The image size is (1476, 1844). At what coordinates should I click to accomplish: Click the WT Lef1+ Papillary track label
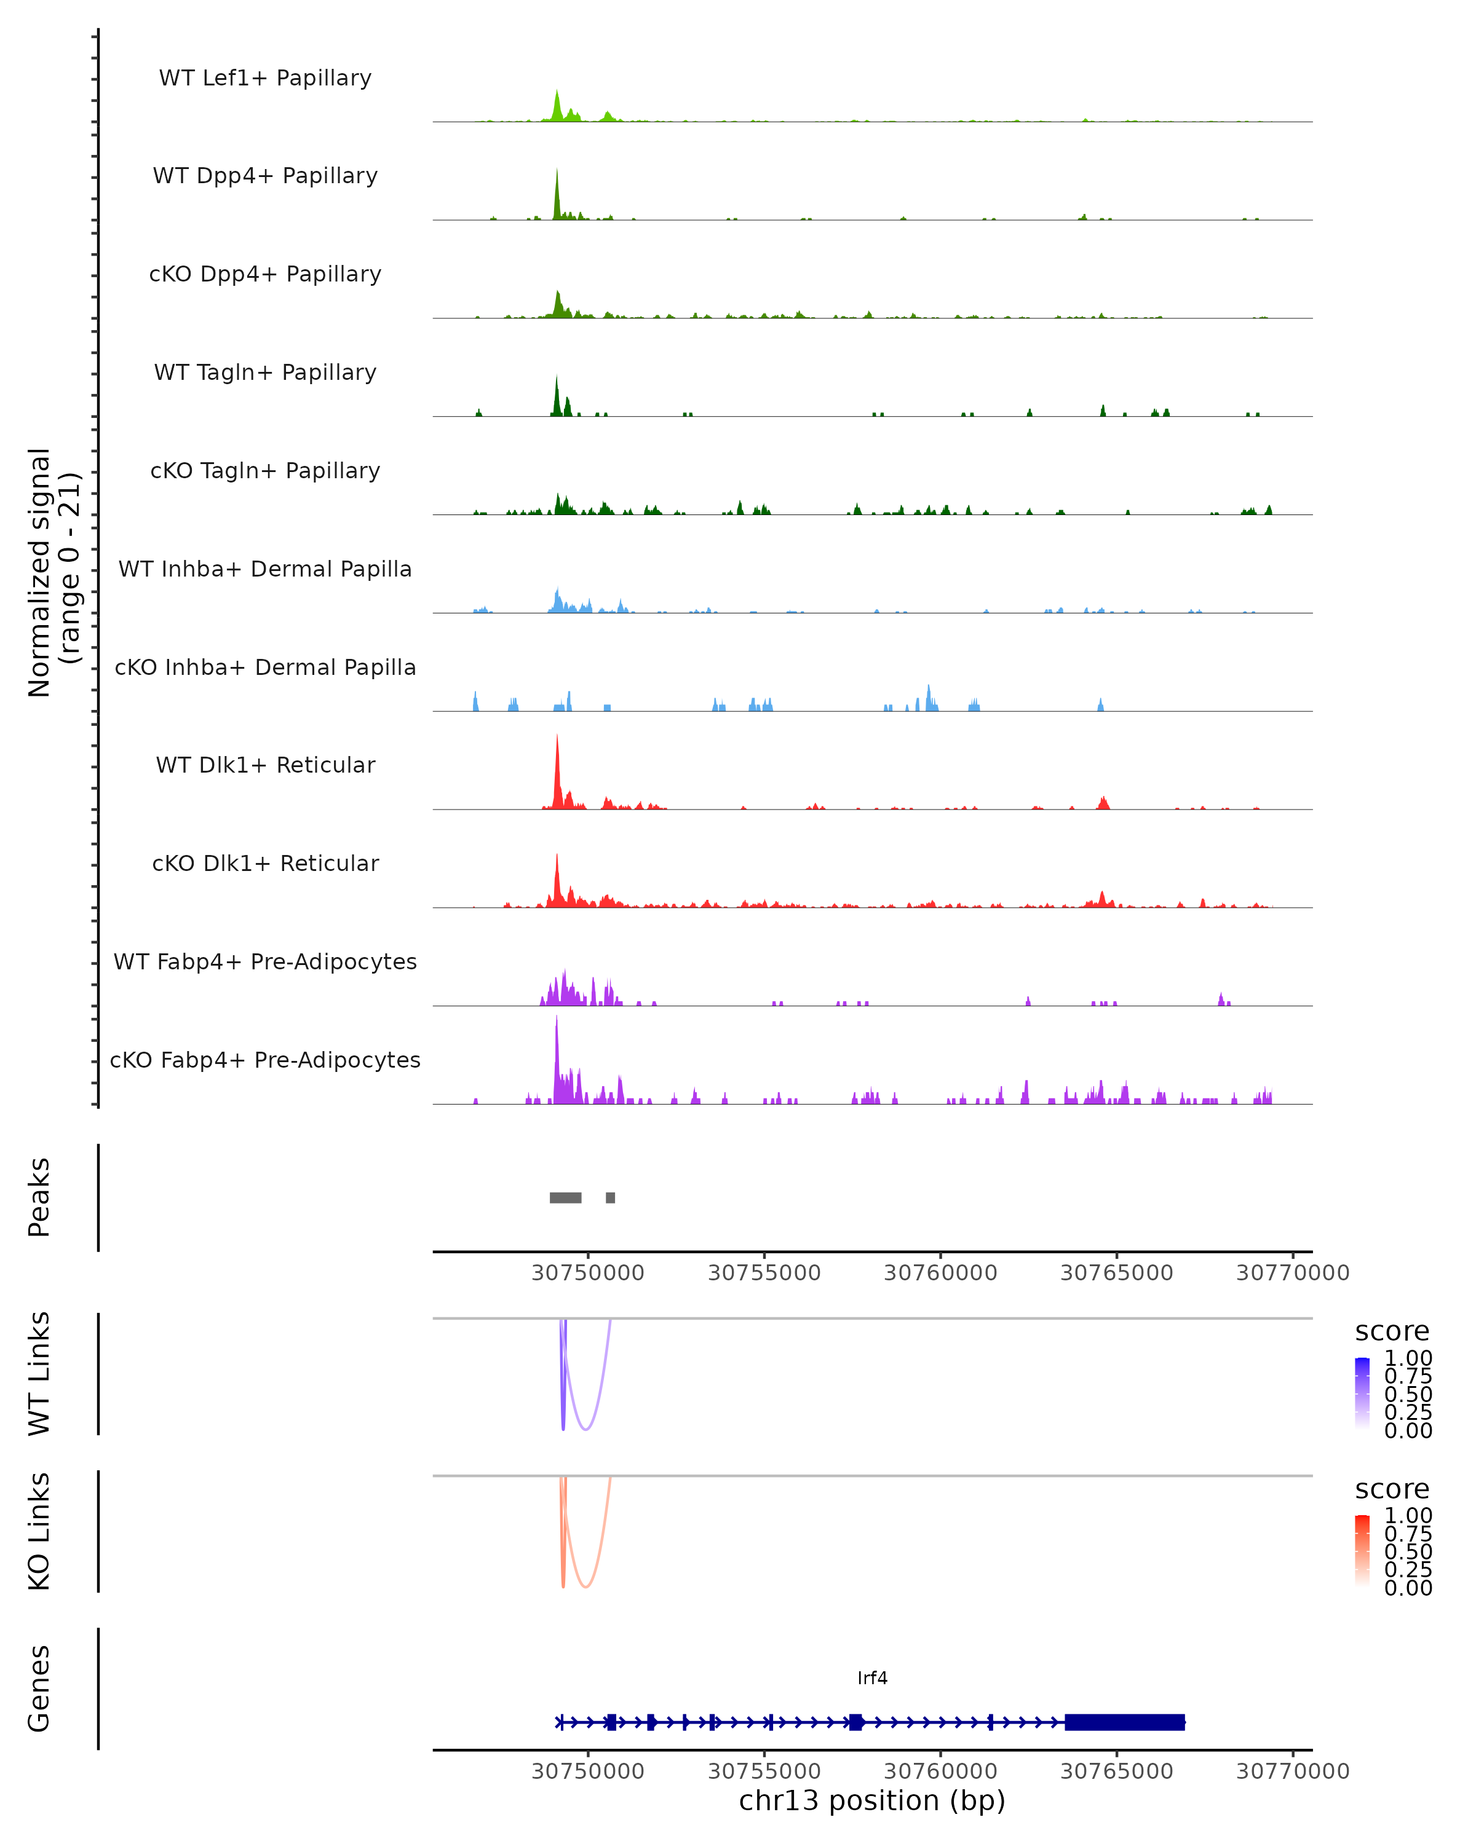265,78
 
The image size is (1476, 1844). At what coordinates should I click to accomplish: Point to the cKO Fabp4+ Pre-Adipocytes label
265,1060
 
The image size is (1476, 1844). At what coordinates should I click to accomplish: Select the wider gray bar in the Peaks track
566,1197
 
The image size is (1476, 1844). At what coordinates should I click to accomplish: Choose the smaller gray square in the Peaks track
610,1197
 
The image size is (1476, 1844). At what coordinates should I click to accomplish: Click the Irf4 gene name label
872,1678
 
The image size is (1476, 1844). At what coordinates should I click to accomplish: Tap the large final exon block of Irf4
1124,1722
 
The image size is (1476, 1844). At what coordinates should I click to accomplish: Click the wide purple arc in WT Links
586,1429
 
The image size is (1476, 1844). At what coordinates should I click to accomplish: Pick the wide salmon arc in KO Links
586,1586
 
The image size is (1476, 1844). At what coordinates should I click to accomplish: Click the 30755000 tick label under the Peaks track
764,1273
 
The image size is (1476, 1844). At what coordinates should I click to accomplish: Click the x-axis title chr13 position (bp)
872,1801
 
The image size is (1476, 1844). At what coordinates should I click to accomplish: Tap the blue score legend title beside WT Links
1392,1332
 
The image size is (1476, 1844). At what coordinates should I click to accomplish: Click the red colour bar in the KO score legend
1362,1550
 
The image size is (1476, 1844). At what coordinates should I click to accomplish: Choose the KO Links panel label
39,1531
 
